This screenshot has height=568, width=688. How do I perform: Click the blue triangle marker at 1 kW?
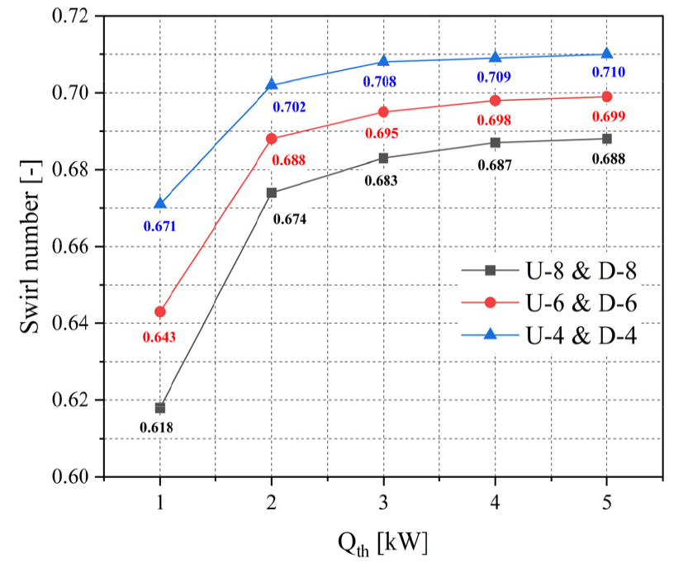tap(160, 203)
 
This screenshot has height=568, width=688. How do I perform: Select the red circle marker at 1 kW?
tap(160, 311)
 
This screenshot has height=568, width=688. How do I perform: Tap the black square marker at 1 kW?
tap(160, 408)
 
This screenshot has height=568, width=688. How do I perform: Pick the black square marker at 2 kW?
tap(272, 192)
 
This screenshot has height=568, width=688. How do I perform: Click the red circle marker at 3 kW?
tap(383, 111)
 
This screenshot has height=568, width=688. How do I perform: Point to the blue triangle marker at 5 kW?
tap(607, 54)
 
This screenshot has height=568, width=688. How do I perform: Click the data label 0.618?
tap(157, 428)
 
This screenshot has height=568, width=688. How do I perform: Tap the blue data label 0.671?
tap(159, 226)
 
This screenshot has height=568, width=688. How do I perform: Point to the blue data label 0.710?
tap(608, 72)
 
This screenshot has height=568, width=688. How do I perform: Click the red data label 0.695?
tap(382, 133)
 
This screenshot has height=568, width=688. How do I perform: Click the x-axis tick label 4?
tap(496, 500)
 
